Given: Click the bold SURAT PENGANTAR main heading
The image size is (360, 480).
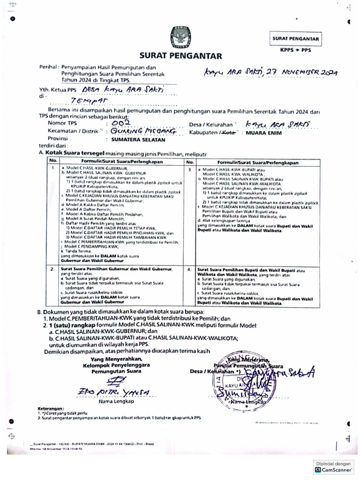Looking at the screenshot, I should click(180, 56).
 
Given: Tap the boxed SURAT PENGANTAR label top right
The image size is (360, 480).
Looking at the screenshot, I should click(296, 39).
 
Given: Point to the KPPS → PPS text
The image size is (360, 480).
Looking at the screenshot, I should click(295, 49).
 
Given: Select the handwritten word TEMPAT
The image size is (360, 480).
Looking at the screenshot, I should click(89, 100).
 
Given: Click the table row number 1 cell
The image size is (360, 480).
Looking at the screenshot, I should click(53, 167).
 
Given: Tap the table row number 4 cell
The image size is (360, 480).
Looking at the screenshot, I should click(190, 270).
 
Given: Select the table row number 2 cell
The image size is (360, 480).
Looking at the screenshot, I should click(53, 270).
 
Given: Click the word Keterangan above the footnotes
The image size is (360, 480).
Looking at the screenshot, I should click(51, 408).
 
